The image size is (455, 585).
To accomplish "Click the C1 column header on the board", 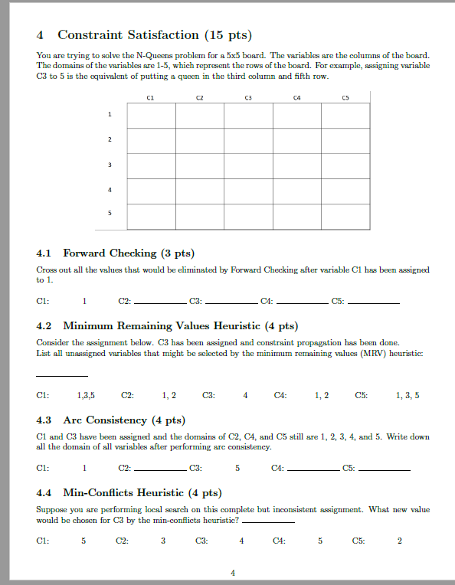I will tap(150, 97).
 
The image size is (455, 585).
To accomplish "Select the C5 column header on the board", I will tap(345, 97).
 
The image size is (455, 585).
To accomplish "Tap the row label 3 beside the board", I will tap(110, 165).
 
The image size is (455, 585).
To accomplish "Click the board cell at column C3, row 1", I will tap(248, 115).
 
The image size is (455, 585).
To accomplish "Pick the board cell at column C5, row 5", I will tap(345, 216).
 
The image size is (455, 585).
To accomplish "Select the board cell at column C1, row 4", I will tap(150, 191).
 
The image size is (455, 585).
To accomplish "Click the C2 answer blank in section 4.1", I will tap(161, 303).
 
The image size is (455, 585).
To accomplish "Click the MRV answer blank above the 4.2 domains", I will tap(61, 374).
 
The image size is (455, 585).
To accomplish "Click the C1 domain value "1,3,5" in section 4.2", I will tap(87, 395).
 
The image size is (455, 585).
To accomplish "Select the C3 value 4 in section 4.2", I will tap(245, 395).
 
